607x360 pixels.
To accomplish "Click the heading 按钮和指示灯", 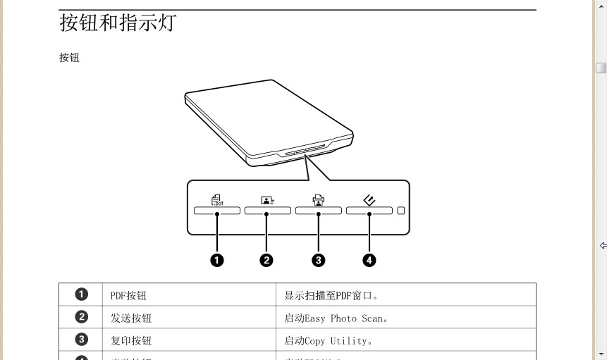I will point(118,23).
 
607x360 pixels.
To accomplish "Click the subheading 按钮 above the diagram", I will point(69,58).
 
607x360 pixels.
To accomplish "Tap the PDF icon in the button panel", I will point(217,199).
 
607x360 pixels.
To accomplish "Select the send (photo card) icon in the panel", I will point(267,199).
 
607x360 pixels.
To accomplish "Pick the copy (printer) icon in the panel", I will point(318,199).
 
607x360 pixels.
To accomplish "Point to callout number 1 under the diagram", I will point(217,260).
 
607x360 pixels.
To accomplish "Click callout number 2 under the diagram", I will point(266,260).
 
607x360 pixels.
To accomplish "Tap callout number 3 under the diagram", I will point(319,260).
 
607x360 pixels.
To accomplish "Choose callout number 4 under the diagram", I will point(369,260).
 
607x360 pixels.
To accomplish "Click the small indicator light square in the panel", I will point(400,210).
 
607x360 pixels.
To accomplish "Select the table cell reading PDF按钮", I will point(128,296).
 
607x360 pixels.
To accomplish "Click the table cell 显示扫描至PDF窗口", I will point(336,296).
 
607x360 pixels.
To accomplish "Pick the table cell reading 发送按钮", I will point(131,318).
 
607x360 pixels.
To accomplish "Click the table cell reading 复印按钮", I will point(131,341).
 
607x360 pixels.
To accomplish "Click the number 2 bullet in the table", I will point(82,318).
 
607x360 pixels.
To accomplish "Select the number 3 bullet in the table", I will point(82,340).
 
